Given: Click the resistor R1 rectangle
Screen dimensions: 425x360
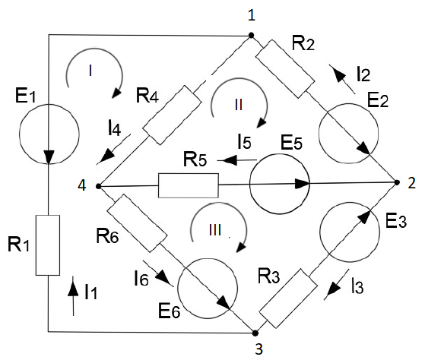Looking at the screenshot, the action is click(48, 245).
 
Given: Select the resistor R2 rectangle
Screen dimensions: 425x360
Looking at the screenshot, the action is click(285, 69).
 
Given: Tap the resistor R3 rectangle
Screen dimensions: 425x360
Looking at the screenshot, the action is click(288, 298).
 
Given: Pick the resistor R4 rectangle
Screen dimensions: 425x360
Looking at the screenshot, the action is click(172, 115).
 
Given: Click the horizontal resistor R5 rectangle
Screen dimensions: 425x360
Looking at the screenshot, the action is click(189, 185).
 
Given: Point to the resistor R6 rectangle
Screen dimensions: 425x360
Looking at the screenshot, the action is click(137, 223).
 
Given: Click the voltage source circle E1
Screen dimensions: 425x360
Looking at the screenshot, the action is click(49, 134).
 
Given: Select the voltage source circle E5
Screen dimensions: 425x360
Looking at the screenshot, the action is click(279, 184).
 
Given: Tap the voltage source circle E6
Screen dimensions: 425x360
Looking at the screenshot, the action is click(208, 289).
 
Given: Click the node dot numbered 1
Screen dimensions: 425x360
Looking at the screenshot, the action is click(251, 35).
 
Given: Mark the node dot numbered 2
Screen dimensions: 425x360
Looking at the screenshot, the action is click(397, 183).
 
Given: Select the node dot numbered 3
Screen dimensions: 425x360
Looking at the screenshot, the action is click(255, 333).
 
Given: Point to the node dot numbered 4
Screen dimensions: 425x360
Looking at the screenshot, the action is click(98, 186).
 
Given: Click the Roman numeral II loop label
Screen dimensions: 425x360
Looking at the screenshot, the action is click(239, 105).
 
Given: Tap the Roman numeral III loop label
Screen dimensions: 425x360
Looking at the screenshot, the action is click(215, 230).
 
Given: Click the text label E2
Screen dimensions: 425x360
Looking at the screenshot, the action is click(378, 100).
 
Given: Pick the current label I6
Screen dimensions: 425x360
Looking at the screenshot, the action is click(141, 278).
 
